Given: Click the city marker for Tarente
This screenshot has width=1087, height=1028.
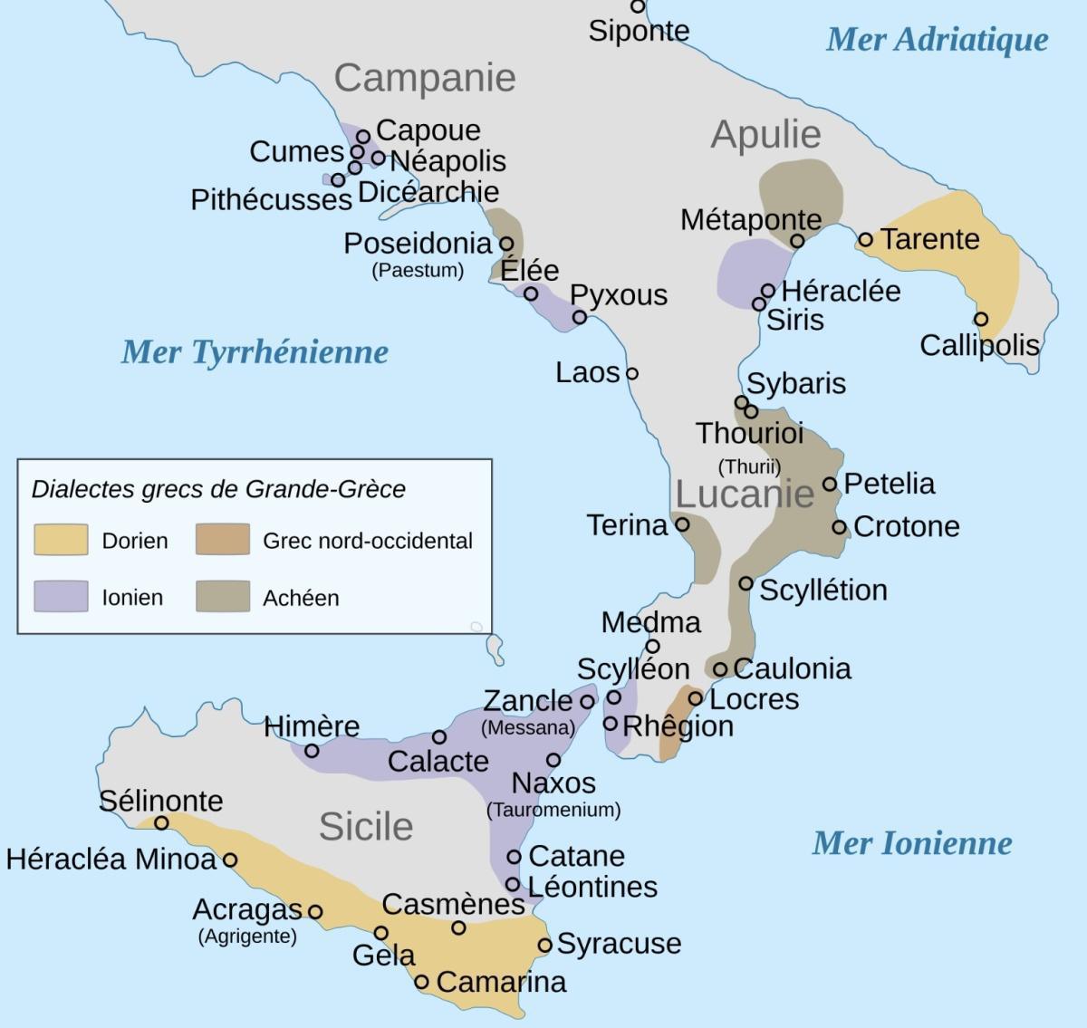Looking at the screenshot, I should pos(865,240).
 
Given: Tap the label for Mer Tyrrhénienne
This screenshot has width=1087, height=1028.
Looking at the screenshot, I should pos(255,352).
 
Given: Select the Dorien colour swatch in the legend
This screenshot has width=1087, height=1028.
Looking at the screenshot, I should pos(61,540).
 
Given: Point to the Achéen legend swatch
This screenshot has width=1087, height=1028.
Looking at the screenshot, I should pos(222,597).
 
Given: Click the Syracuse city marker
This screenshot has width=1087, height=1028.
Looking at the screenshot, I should pos(544,945).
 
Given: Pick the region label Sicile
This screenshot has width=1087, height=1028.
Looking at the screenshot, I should pos(366,826).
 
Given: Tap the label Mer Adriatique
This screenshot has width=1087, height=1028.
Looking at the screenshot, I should pos(938,40).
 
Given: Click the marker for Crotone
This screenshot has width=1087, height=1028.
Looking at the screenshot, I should pos(840,526).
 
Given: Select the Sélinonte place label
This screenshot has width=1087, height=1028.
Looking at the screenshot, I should pos(161,801).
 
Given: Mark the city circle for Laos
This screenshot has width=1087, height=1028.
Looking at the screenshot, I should pos(632,373).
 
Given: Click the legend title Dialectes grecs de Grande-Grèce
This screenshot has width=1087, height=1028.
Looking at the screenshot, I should pos(218,489).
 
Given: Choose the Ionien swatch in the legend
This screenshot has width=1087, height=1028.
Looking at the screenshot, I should pos(61,597).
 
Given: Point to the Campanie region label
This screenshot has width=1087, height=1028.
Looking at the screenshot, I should pos(425,78).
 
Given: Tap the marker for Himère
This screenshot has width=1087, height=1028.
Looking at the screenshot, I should pos(312,751).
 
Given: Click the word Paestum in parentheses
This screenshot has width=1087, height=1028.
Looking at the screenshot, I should pos(418,270).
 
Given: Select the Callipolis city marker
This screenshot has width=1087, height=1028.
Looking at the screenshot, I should pos(980,319).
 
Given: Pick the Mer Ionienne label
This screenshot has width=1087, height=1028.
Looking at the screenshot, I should pos(911,843).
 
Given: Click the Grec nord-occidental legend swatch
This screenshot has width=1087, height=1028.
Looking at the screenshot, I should pos(222,540).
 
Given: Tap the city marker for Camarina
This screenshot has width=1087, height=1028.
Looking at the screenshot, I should pos(421,982).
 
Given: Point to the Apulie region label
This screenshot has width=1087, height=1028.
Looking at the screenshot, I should pos(765,134).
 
